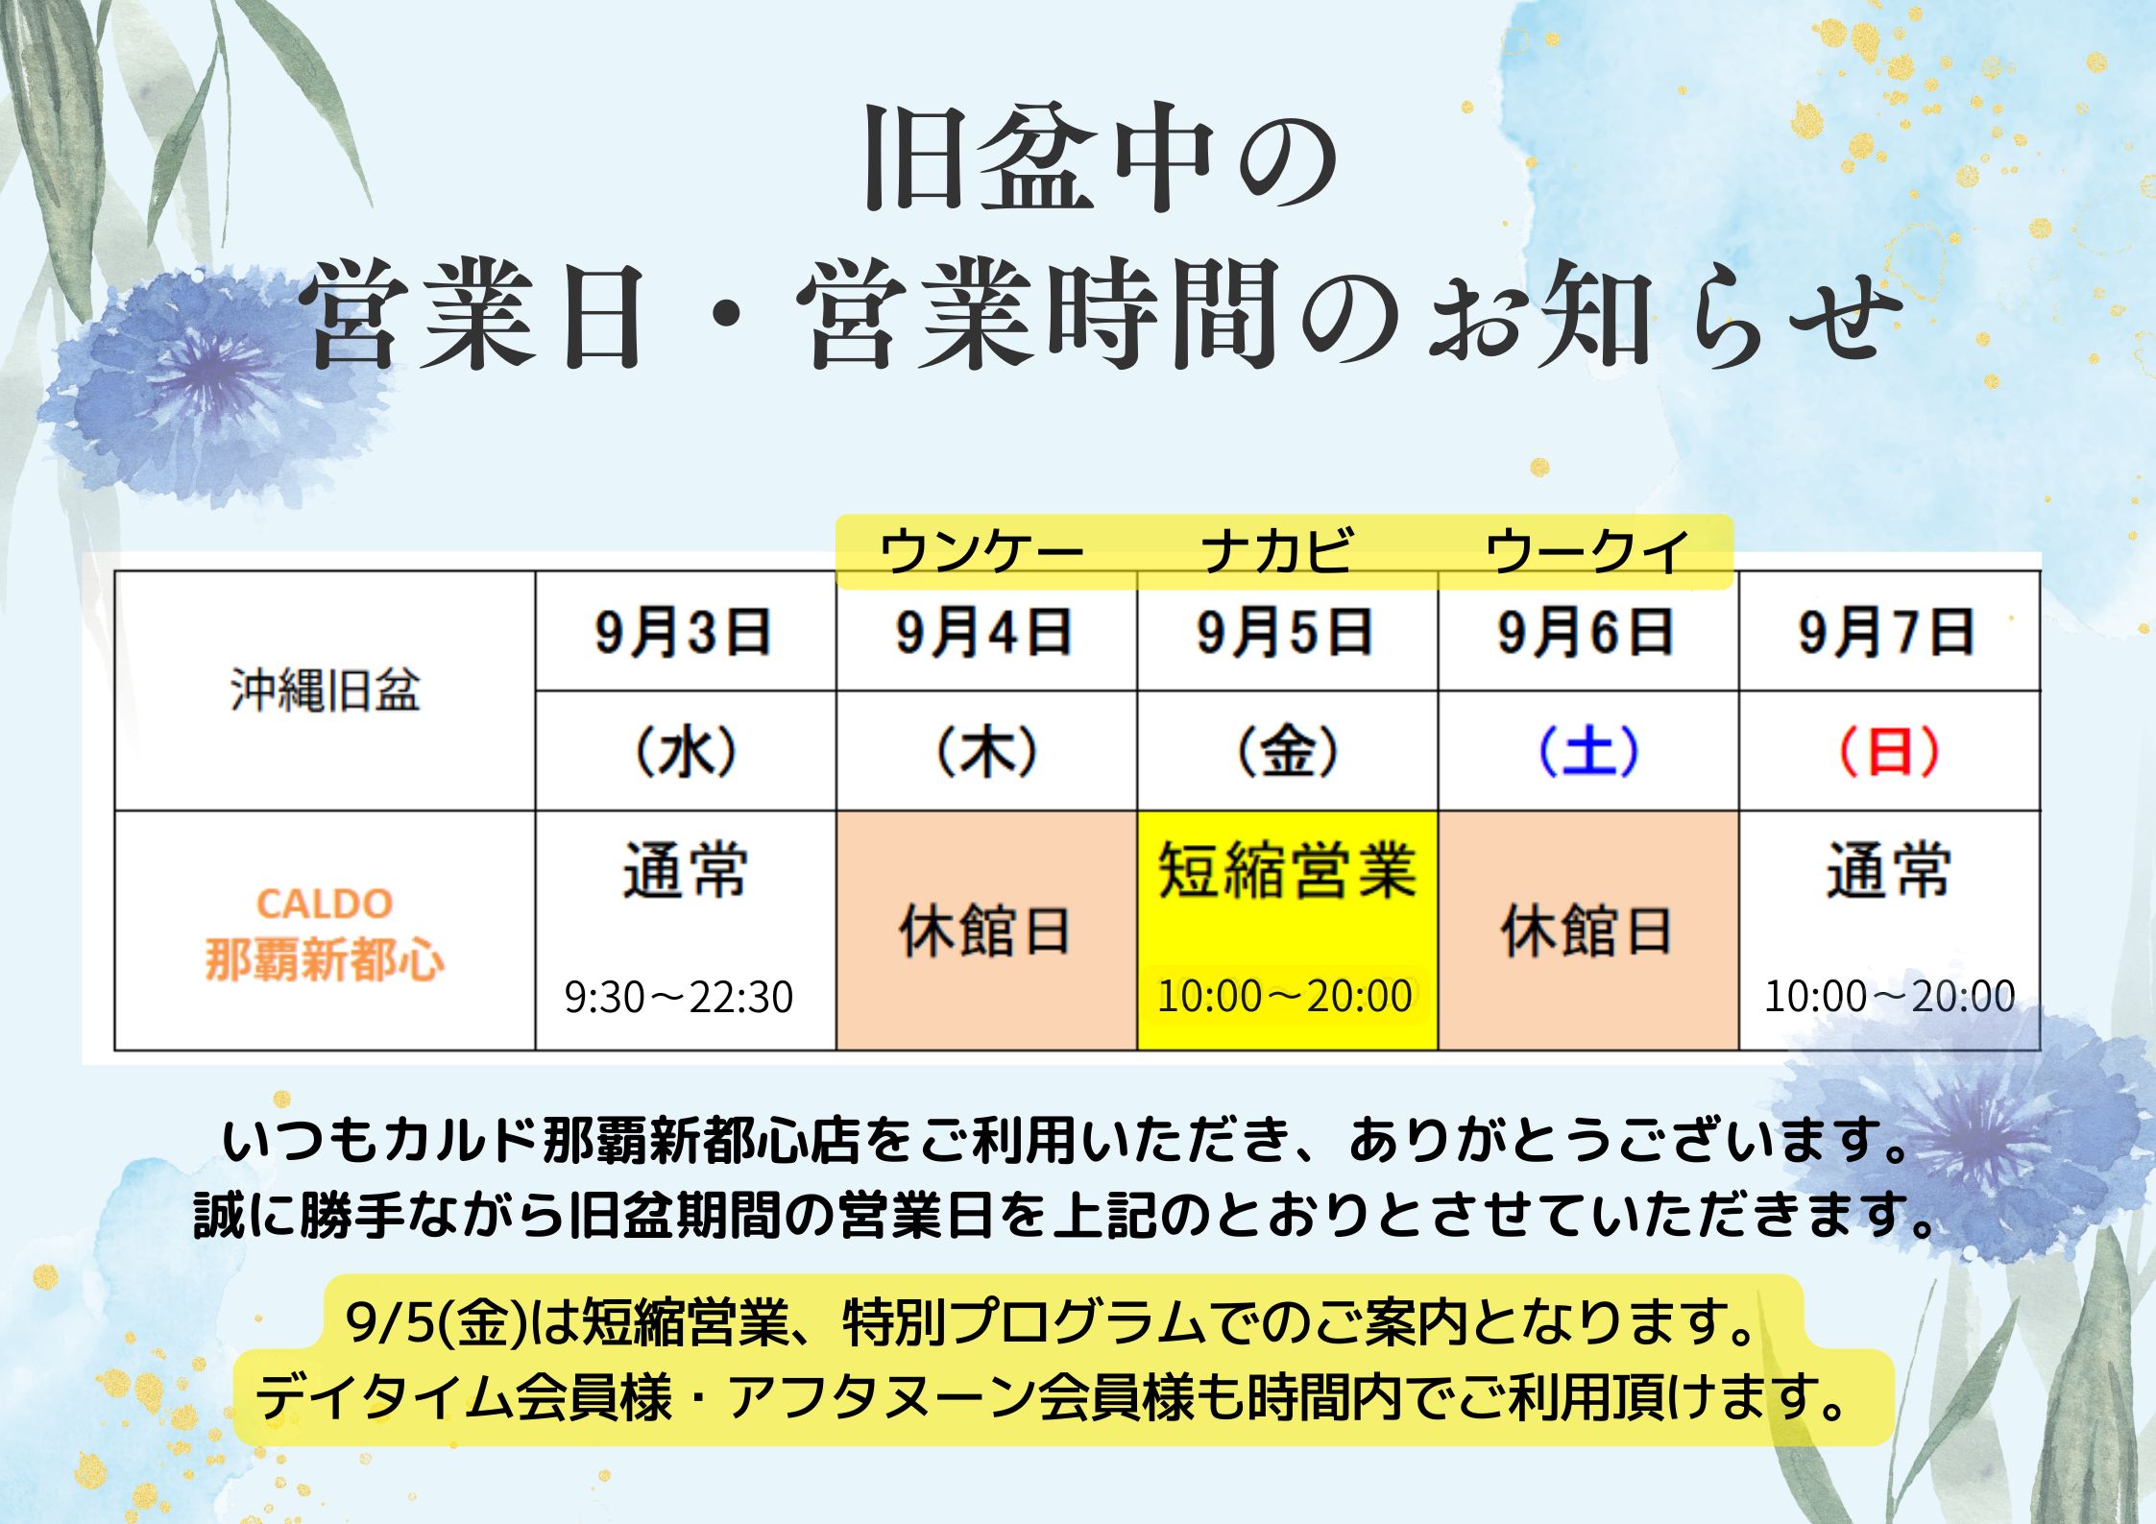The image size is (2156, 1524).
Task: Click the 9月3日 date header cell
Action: pos(684,632)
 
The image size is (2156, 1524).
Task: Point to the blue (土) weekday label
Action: pos(1588,751)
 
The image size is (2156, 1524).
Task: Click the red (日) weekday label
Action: pos(1888,751)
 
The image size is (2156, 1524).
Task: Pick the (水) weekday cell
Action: pos(685,751)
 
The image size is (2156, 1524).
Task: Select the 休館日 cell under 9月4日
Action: pos(985,931)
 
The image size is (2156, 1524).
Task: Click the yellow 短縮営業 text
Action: pos(1287,870)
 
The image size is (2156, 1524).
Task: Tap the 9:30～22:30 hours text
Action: pos(679,997)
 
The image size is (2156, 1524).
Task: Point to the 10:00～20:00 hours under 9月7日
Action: pos(1889,996)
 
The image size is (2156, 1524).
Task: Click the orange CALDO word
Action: pos(325,904)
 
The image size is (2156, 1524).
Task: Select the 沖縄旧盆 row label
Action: pos(325,690)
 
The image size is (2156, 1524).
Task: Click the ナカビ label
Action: pos(1278,551)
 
